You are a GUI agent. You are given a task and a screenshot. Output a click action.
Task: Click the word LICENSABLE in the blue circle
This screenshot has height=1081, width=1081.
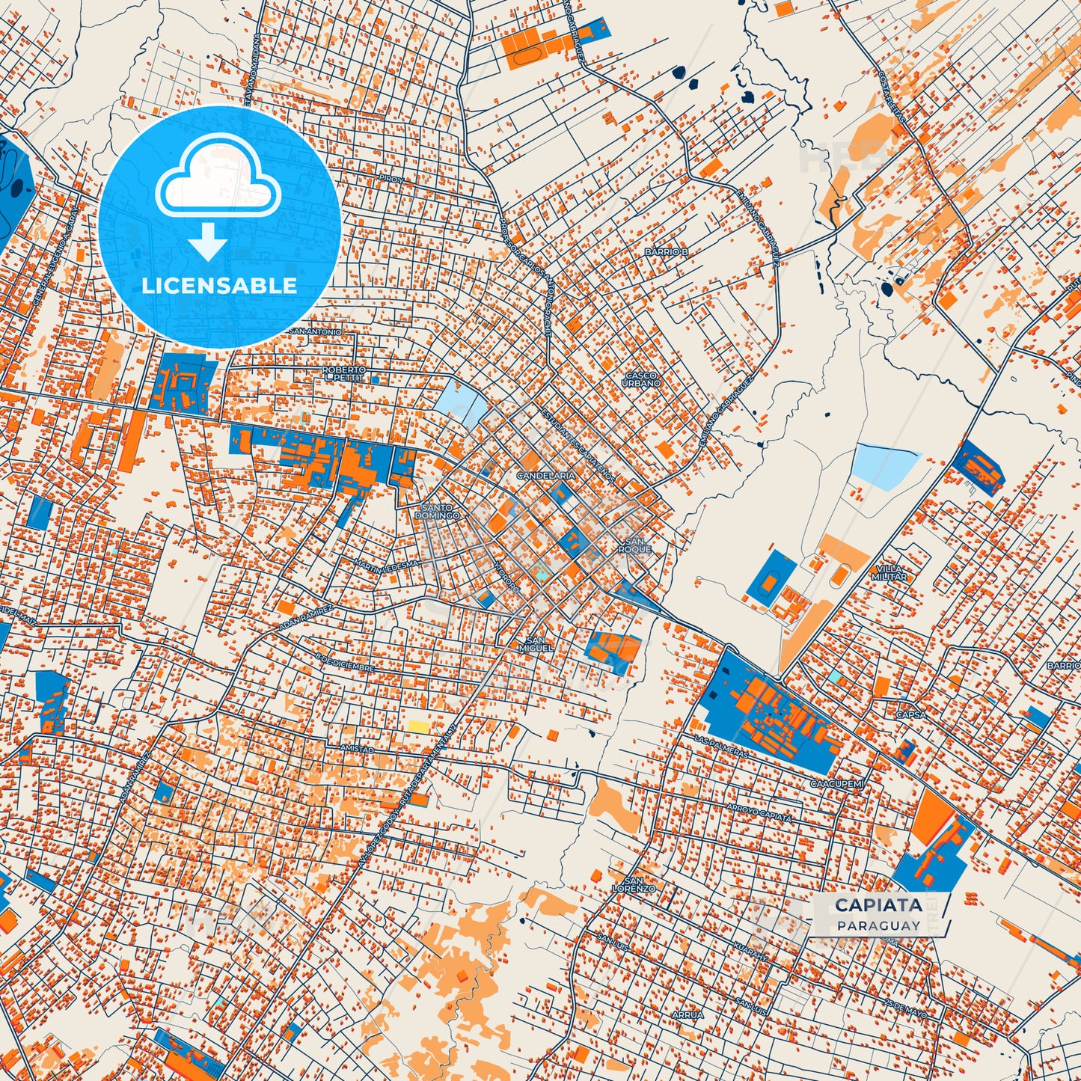coord(219,286)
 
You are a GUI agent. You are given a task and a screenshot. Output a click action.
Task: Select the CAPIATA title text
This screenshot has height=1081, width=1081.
coord(878,904)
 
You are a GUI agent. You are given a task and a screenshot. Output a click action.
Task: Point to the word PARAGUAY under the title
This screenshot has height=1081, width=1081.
coord(878,925)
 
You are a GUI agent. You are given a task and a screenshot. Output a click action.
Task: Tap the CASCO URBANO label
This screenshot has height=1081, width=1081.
coord(641,379)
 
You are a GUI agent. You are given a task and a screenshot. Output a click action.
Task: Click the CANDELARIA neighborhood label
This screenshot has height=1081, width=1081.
coord(546,476)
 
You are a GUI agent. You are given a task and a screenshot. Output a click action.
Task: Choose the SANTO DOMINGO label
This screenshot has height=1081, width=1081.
coord(438,512)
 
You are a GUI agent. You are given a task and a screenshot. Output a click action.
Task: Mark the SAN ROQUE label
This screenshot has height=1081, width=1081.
coord(634,545)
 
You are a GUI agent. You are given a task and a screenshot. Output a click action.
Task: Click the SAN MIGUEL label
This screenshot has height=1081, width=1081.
coord(536,644)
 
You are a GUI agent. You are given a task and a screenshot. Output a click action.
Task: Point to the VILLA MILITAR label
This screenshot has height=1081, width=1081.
coord(889,572)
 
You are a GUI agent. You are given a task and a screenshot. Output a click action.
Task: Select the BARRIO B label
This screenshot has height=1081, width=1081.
coord(666,252)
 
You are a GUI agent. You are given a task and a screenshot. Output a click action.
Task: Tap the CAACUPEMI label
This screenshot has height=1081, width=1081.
coord(837,784)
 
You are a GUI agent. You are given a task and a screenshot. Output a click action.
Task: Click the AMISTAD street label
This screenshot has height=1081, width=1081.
coord(356,749)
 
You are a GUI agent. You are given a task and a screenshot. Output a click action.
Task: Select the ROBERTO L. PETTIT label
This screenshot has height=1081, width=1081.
coord(344,374)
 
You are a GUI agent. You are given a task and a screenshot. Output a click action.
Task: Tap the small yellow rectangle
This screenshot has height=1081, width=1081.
coord(418,726)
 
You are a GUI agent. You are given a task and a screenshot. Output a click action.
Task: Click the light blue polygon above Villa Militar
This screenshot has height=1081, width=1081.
coord(886,465)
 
